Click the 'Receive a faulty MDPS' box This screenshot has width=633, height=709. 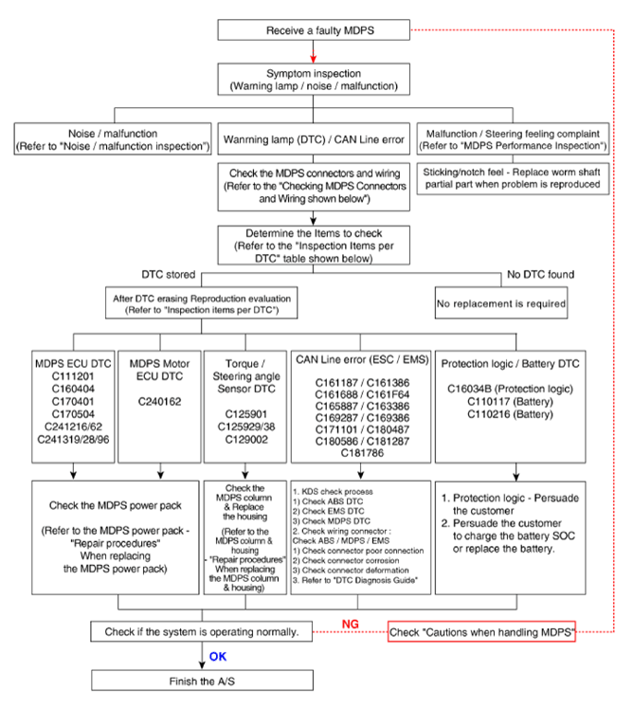click(314, 29)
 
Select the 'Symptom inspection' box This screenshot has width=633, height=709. click(314, 79)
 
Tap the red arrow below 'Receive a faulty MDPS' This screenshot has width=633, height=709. click(313, 51)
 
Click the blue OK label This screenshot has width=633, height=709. click(218, 657)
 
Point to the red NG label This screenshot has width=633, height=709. click(350, 624)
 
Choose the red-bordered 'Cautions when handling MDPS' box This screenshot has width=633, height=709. click(481, 631)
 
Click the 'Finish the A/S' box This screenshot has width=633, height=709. click(202, 681)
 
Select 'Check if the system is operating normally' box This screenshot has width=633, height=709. click(201, 631)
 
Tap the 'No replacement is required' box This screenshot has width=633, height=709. click(501, 303)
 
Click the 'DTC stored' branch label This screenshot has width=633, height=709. click(168, 275)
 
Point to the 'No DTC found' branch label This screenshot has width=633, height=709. click(540, 275)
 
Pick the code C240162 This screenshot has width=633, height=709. click(159, 402)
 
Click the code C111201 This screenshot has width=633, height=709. click(73, 376)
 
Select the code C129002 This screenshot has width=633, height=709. click(246, 440)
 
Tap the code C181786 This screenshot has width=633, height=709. click(362, 453)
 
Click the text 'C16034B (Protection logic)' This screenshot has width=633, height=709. click(510, 389)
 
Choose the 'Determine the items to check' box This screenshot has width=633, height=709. click(314, 245)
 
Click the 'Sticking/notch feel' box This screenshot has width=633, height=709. click(513, 178)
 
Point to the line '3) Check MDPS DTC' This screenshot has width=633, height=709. click(332, 521)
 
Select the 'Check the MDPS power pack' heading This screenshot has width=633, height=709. click(116, 505)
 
